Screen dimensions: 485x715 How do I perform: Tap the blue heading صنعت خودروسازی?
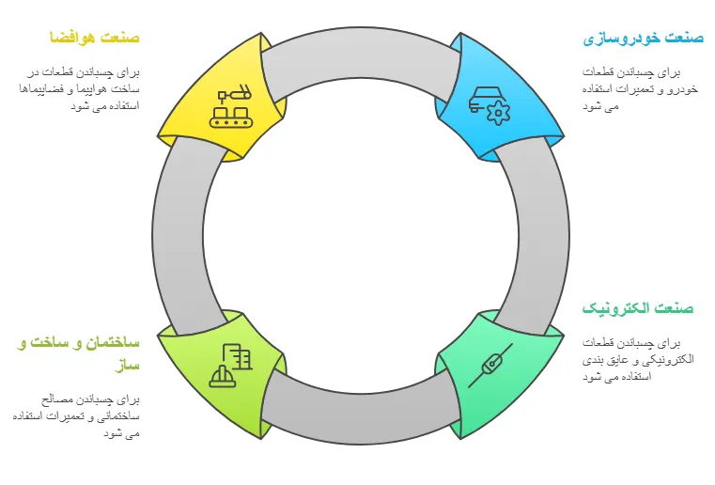coord(644,38)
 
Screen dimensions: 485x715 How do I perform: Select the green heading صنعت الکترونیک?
coord(638,308)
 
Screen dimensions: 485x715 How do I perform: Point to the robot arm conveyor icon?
coord(232,106)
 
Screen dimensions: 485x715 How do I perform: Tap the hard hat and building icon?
coord(232,366)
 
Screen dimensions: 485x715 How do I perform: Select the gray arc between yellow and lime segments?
coord(179,235)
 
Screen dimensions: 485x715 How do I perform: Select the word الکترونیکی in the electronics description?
coord(663,360)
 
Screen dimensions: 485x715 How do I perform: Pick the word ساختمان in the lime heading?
coord(114,343)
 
